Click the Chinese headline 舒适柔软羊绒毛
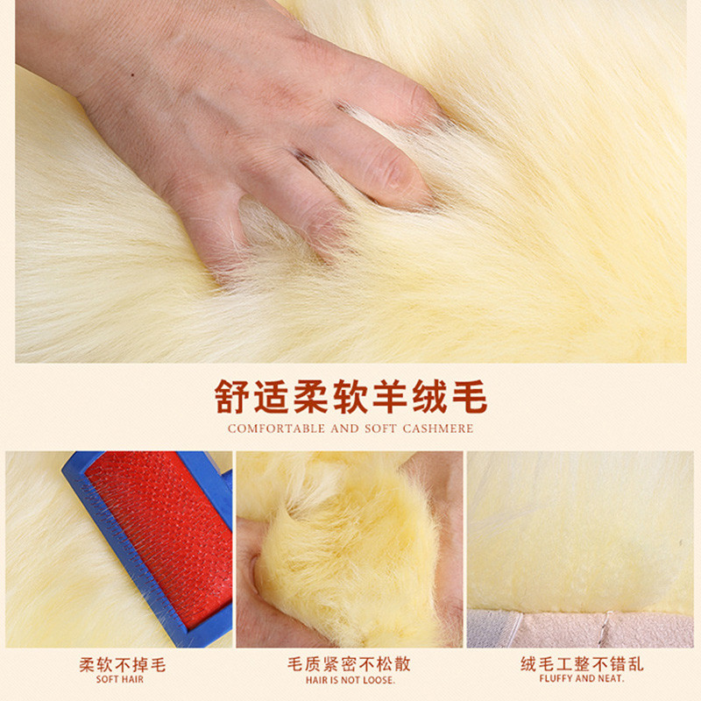coord(350,397)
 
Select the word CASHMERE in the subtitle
coord(437,428)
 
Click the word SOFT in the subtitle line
coord(380,428)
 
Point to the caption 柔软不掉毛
coord(123,665)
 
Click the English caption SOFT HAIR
coord(120,680)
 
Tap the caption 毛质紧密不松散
coord(349,664)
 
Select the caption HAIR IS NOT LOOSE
coord(350,680)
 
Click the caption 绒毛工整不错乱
coord(582,664)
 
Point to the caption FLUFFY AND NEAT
coord(582,678)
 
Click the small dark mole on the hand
coord(133,74)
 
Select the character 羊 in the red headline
coord(390,397)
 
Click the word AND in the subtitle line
coord(344,428)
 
